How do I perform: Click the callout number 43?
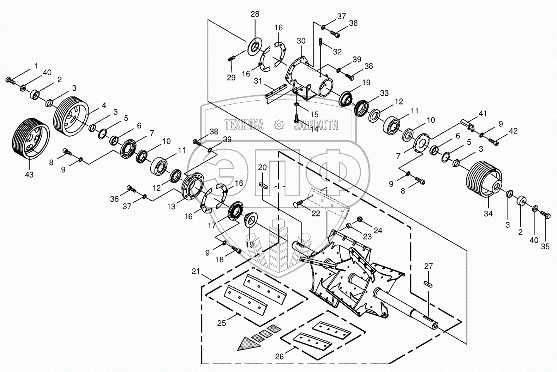coord(29,174)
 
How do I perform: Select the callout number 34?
coord(488,213)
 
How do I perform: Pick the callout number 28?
coord(255,14)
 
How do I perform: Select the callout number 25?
coord(221,323)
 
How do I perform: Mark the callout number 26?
coord(279,357)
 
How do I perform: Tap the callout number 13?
coord(171,207)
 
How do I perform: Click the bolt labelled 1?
coord(9,80)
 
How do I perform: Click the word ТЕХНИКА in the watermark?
coord(244,125)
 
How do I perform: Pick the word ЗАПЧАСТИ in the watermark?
coord(316,125)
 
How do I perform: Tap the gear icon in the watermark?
coord(278,125)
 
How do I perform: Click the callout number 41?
coord(483,114)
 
